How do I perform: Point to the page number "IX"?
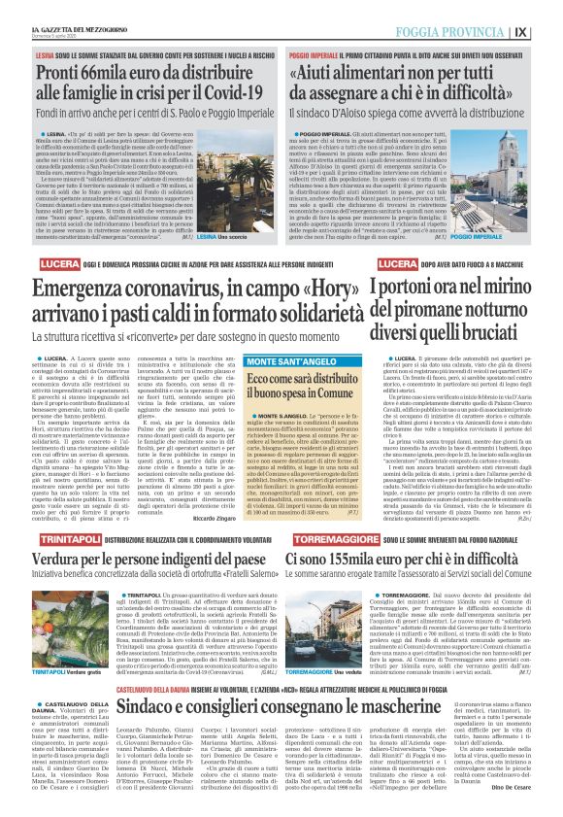[x=547, y=30]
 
